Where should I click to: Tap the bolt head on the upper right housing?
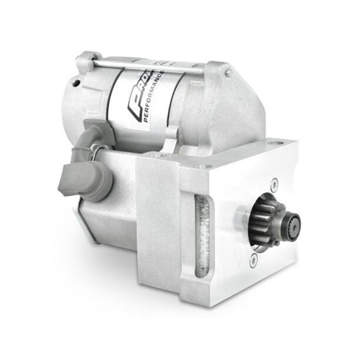[x=227, y=73]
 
